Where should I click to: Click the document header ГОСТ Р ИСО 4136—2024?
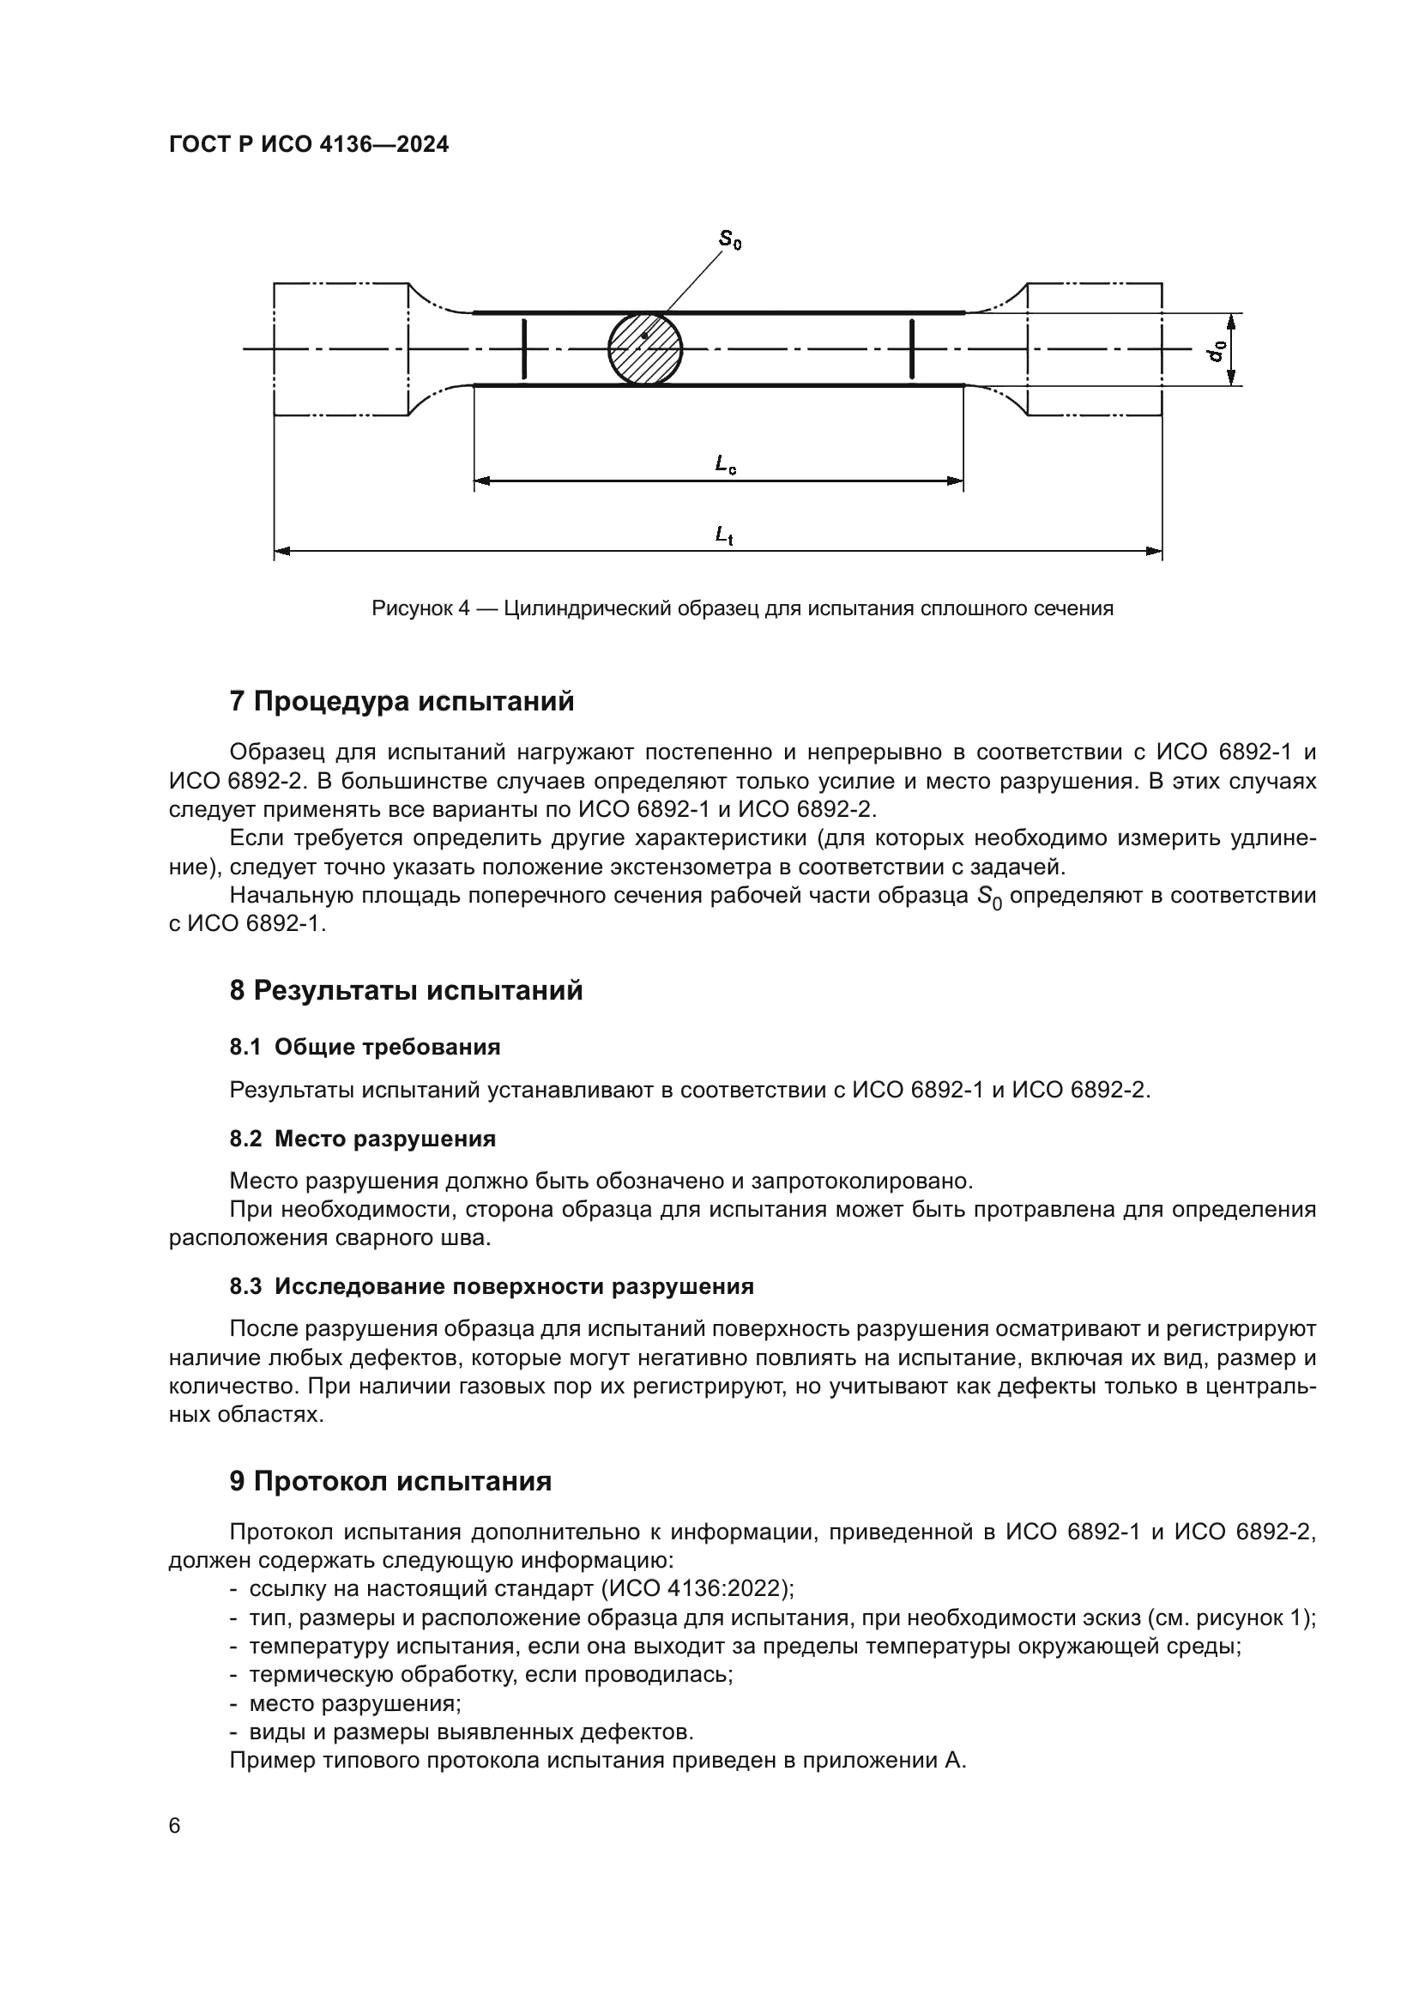(309, 144)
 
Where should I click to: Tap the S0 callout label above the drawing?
(729, 239)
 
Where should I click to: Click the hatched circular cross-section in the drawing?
(645, 348)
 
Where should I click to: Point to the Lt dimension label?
(723, 534)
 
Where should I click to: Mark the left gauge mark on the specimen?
(523, 348)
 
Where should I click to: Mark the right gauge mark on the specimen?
(911, 348)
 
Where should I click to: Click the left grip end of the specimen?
(341, 348)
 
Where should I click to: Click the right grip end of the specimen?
(1094, 348)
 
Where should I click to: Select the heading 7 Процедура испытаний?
(402, 701)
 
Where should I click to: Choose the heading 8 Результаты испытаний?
(406, 990)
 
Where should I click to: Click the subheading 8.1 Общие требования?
(365, 1047)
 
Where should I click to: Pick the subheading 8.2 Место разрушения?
(362, 1139)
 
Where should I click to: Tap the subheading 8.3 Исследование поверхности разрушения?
(491, 1287)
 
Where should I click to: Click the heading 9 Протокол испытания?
(389, 1481)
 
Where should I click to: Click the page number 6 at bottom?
(175, 1826)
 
